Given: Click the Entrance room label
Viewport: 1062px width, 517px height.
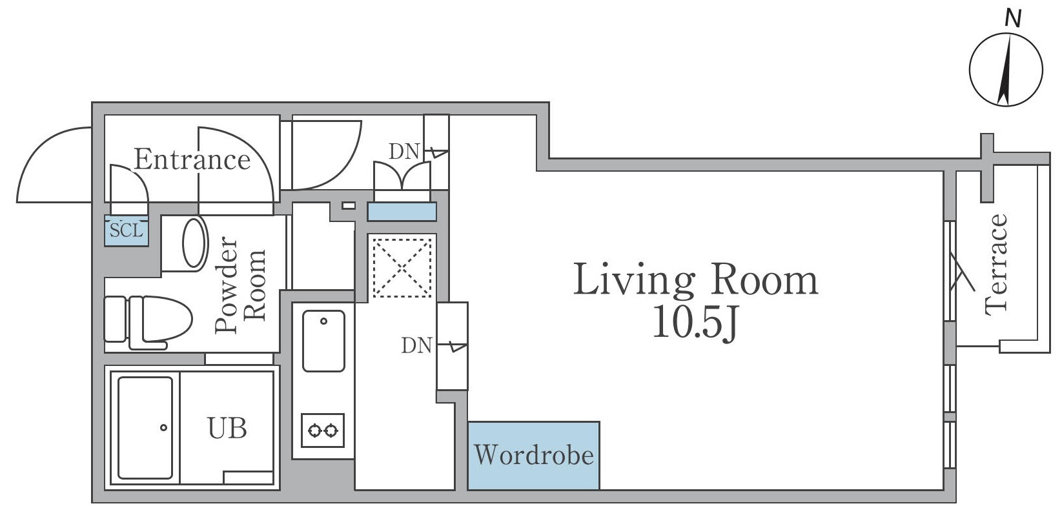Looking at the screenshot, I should click(x=192, y=159).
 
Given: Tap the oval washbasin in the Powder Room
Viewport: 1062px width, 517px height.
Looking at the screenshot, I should click(x=194, y=243).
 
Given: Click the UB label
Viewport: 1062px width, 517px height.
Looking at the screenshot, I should click(x=227, y=428).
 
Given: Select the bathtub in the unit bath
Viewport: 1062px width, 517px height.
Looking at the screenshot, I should click(x=145, y=427).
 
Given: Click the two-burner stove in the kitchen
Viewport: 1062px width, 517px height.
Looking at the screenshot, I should click(x=322, y=430).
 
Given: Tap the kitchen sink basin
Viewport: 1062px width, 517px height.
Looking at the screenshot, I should click(x=323, y=341).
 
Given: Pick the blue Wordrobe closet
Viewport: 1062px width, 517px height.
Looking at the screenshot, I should click(x=533, y=456).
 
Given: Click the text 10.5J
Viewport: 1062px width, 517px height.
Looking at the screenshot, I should click(x=694, y=321).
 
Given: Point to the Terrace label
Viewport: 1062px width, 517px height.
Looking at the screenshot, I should click(x=996, y=265).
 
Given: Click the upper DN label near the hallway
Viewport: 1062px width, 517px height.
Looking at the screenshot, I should click(x=404, y=152).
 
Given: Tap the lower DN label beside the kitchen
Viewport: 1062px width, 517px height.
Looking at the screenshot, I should click(x=416, y=345).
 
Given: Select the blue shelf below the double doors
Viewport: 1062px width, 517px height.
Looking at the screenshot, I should click(x=402, y=211).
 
